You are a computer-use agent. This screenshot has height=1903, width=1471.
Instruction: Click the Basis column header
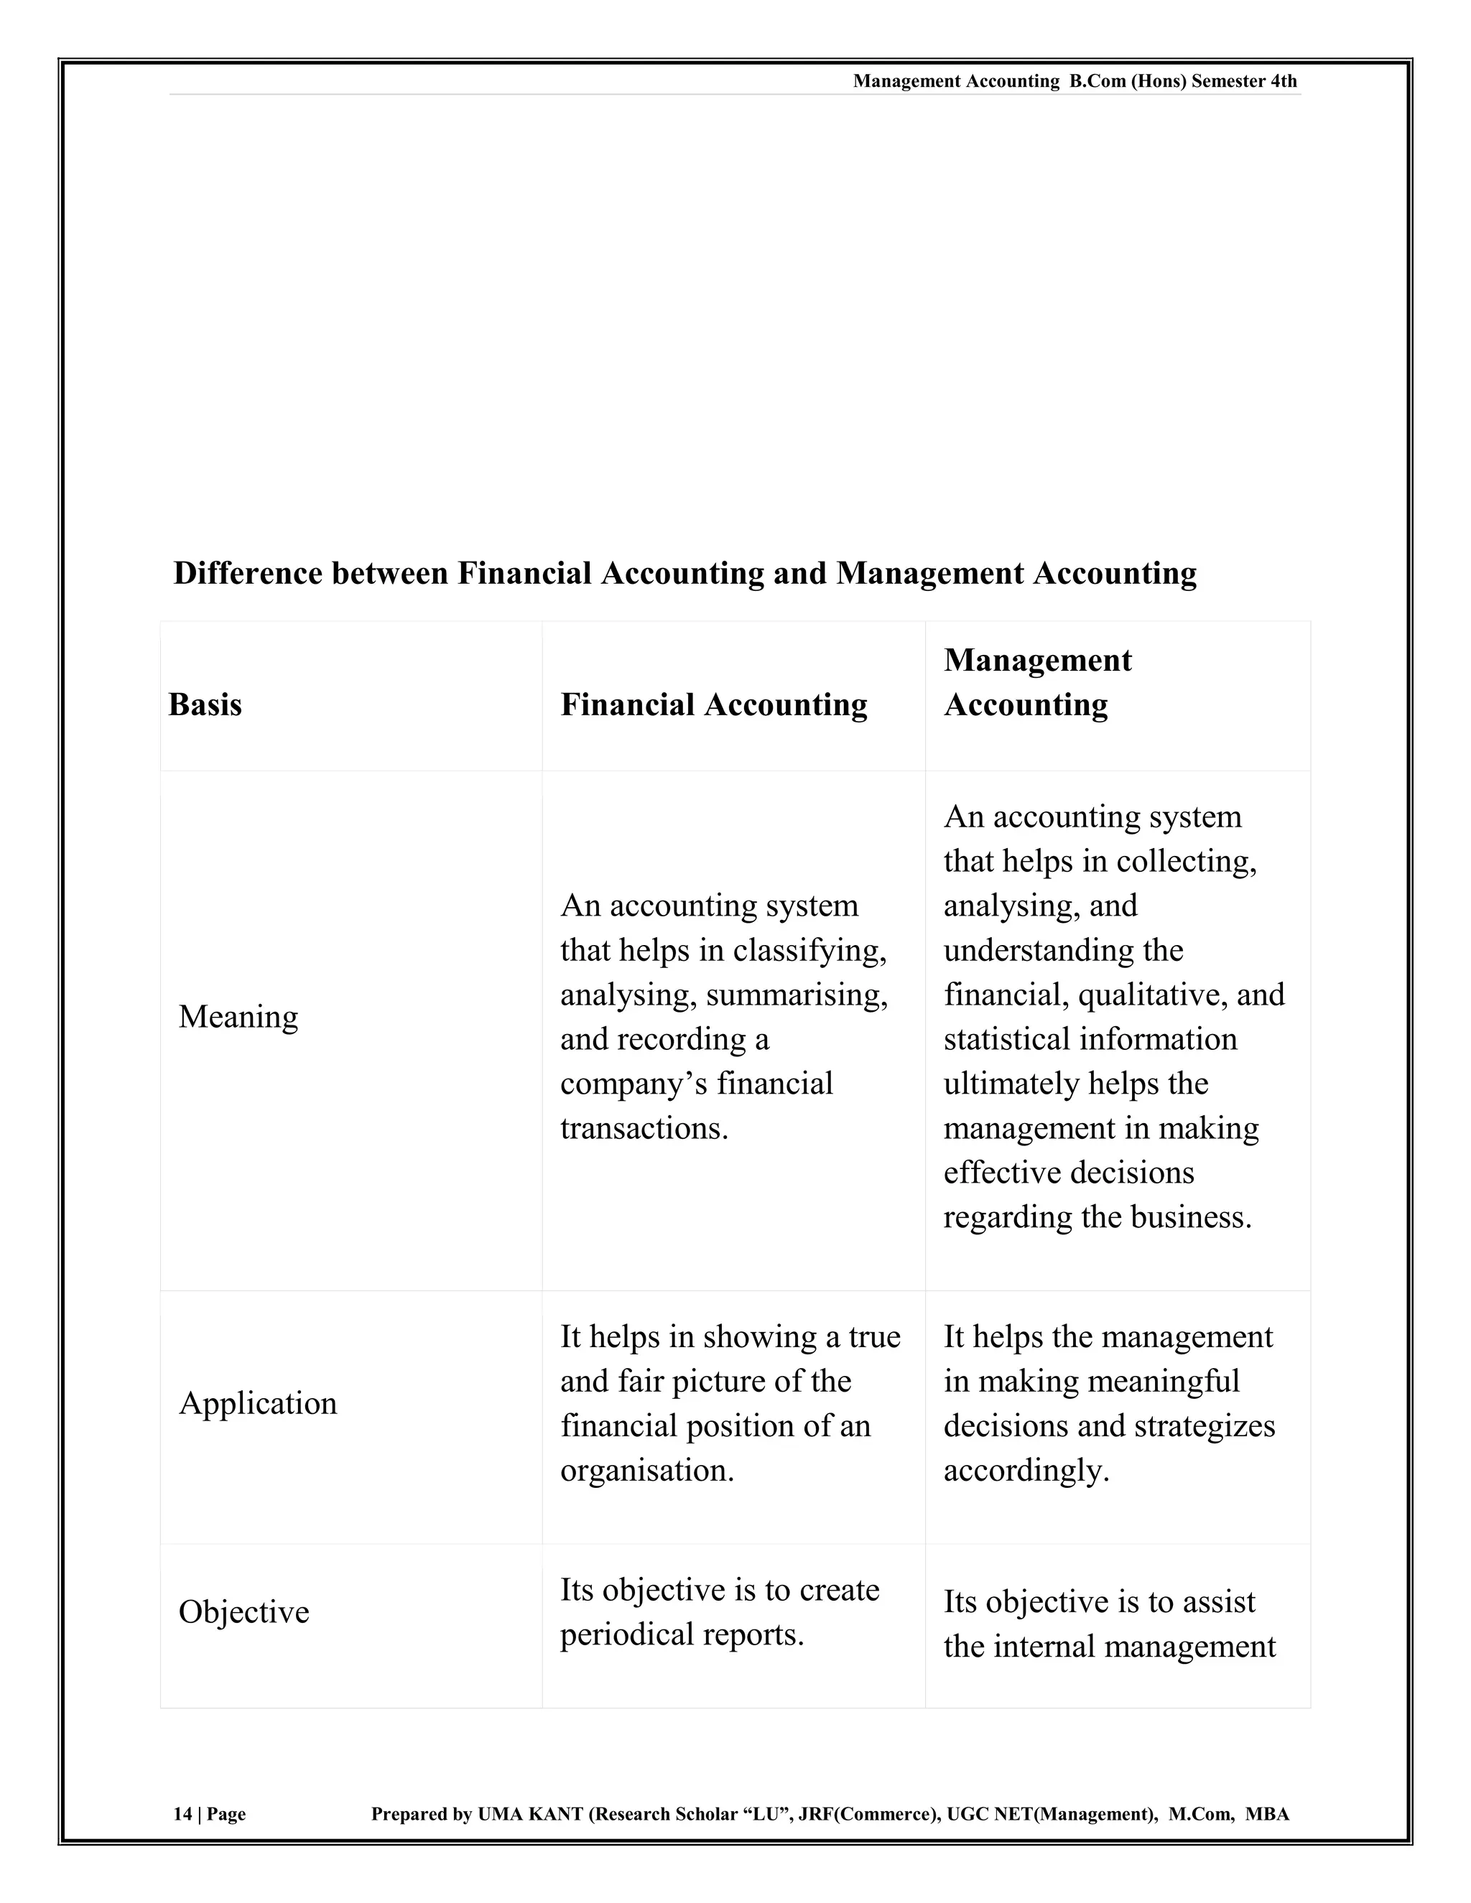click(x=205, y=705)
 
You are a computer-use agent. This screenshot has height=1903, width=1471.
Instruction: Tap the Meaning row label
click(x=238, y=1017)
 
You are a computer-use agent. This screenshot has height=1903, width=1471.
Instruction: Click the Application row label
click(x=257, y=1404)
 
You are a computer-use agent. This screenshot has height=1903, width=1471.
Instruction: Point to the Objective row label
click(x=244, y=1612)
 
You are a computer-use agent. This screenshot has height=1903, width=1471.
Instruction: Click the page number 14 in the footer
click(x=182, y=1814)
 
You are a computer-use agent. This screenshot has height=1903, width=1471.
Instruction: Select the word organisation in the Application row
click(x=646, y=1471)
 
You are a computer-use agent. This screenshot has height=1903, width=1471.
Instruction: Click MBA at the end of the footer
click(x=1267, y=1814)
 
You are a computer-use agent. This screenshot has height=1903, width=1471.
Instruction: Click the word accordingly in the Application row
click(x=1026, y=1471)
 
